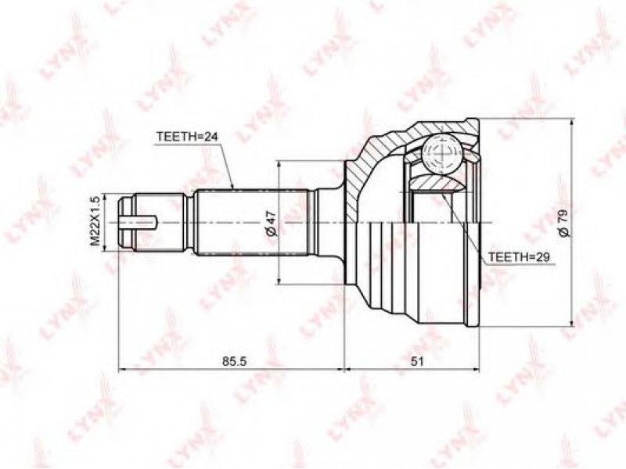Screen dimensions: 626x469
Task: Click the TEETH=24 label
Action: (x=187, y=137)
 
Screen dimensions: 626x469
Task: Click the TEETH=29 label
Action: (x=520, y=257)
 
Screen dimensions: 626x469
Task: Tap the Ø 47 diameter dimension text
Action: (x=271, y=223)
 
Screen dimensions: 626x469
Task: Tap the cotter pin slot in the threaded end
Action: (x=139, y=223)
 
